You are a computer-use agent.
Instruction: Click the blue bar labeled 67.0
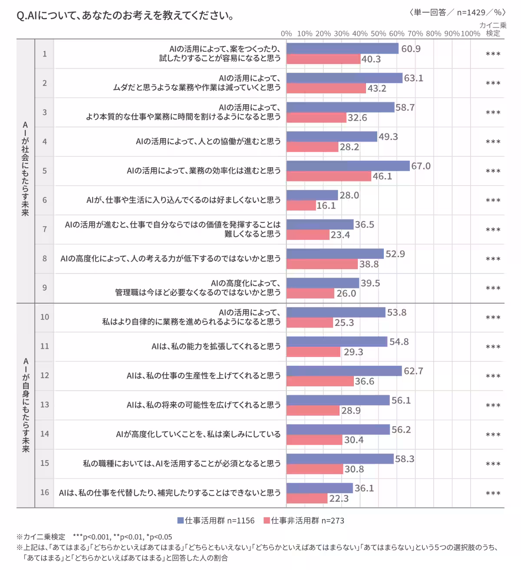(348, 166)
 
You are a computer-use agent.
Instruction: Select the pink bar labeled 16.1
(301, 205)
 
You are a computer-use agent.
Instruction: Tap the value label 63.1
(413, 78)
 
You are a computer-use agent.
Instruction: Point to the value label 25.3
(344, 323)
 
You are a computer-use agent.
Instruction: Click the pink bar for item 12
(320, 381)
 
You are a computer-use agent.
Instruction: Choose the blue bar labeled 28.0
(312, 195)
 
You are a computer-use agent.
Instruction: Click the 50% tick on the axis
(378, 33)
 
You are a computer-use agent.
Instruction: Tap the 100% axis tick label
(470, 33)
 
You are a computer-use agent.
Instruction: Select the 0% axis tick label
(286, 33)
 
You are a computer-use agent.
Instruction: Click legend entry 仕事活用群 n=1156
(216, 520)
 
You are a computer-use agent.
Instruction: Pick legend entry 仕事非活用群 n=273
(304, 520)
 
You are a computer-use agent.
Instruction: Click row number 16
(45, 492)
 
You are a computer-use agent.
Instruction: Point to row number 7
(45, 229)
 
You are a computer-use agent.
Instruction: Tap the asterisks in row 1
(493, 54)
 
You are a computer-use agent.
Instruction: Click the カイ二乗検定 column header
(493, 29)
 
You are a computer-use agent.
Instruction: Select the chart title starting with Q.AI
(125, 16)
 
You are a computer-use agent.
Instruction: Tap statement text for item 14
(198, 434)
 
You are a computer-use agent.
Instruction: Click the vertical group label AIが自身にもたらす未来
(26, 405)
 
